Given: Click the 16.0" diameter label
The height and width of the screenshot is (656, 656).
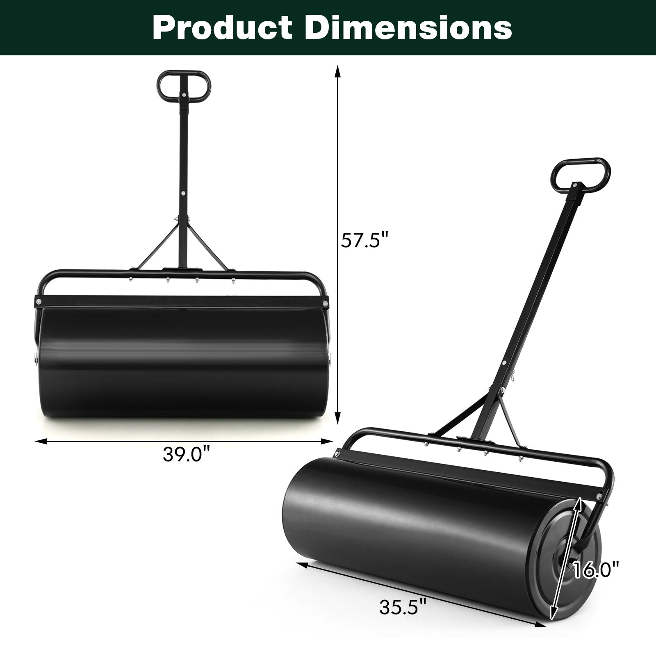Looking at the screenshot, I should click(x=596, y=570).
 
